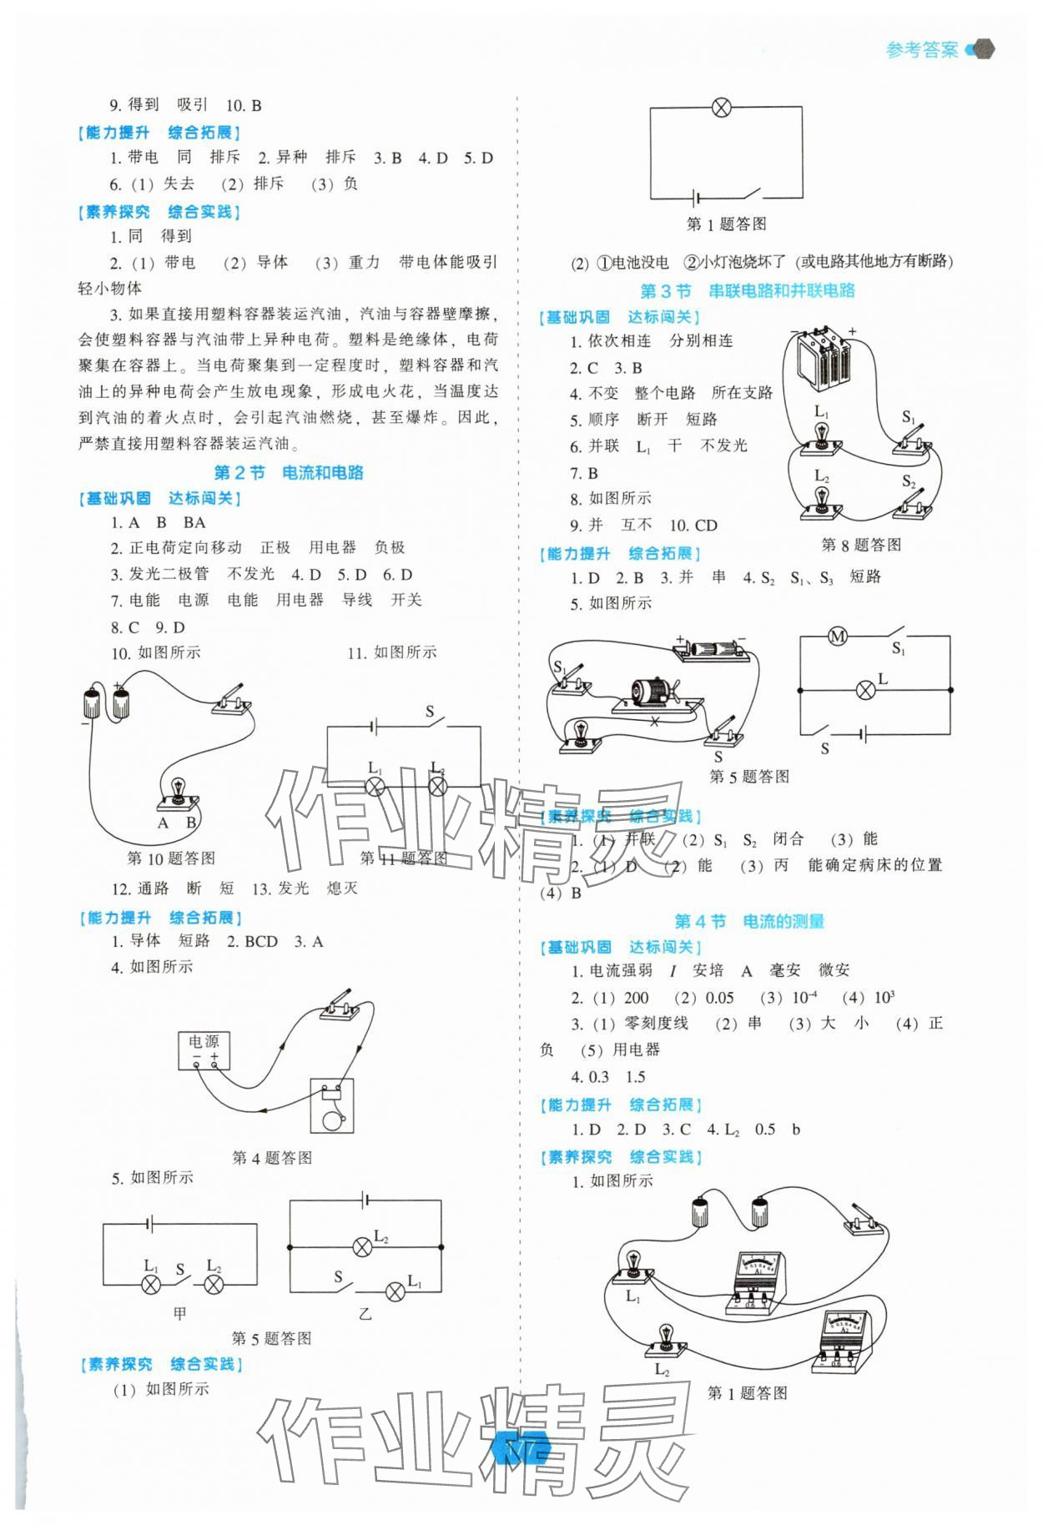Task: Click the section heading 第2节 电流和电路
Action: (288, 472)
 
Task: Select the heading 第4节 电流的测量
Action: (748, 921)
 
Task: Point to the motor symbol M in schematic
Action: (837, 637)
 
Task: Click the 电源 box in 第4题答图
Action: (204, 1049)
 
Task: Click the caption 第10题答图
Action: (171, 858)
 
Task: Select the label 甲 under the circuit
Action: (179, 1313)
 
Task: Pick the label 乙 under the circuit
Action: (365, 1314)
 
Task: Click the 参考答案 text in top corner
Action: (921, 50)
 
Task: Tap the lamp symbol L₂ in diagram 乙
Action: (362, 1248)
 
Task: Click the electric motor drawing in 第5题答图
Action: (652, 692)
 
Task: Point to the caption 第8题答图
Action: (861, 545)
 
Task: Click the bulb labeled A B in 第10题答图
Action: (178, 793)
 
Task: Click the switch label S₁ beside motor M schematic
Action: (899, 648)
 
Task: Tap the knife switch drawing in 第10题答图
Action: (231, 700)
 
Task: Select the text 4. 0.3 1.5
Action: (607, 1076)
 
